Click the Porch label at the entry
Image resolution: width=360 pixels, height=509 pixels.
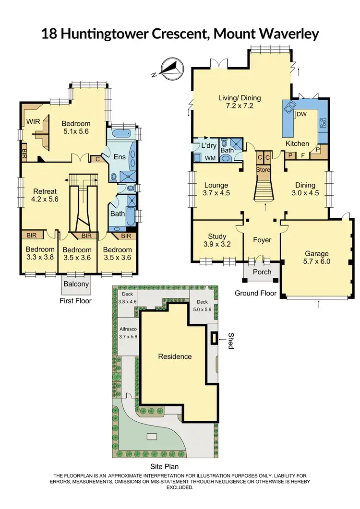point(262,272)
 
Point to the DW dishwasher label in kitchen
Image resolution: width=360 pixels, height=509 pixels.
point(301,114)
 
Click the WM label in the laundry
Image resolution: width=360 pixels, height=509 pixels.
point(211,157)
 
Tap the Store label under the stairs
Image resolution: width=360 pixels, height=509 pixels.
point(263,169)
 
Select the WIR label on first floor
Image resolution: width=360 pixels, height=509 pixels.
point(33,121)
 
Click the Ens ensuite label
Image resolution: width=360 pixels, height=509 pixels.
point(119,156)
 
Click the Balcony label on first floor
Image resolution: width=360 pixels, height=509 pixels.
point(76,284)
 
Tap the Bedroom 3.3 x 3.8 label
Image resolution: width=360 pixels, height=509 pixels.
point(40,253)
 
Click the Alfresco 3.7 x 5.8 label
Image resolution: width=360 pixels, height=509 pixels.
point(128,333)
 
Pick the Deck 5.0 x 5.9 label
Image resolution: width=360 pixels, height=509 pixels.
point(201,306)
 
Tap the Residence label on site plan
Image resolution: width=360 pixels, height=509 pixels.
point(175,356)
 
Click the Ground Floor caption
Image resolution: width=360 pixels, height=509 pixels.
point(255,293)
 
